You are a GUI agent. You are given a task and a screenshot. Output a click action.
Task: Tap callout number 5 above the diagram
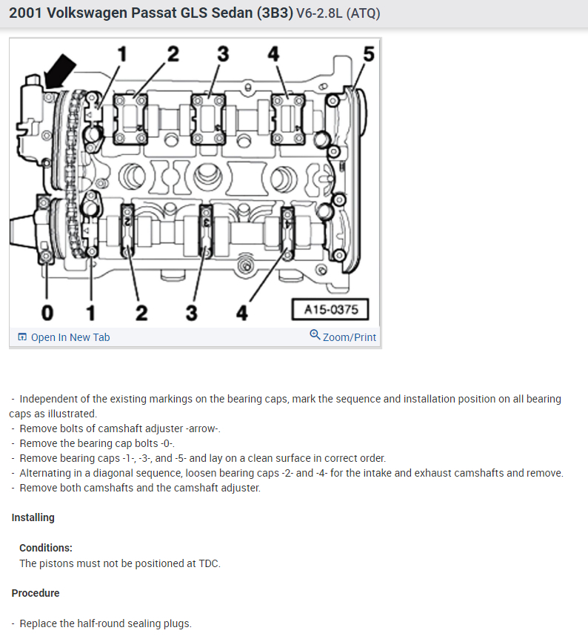(x=369, y=54)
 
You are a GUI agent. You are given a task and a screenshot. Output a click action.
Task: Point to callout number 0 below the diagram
(x=47, y=311)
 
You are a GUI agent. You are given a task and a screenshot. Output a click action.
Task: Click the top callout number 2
(x=173, y=54)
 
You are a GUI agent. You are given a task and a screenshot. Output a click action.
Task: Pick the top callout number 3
(x=223, y=54)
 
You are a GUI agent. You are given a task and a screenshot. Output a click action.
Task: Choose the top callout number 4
(x=273, y=54)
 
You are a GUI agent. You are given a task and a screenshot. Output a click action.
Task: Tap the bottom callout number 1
(x=90, y=311)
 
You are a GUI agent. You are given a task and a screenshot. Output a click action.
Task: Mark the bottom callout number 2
(x=141, y=311)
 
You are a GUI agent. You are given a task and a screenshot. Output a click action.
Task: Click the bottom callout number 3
(x=192, y=311)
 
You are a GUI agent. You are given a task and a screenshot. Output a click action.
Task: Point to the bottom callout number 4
(x=242, y=311)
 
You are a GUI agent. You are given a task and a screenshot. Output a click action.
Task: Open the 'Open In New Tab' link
(x=70, y=337)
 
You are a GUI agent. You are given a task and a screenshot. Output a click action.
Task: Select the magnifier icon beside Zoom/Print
(x=315, y=336)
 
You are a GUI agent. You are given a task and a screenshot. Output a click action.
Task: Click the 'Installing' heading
(x=33, y=517)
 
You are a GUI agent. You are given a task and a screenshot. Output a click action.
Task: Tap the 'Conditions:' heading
(x=46, y=548)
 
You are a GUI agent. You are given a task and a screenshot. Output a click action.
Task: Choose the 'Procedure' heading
(x=36, y=593)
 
